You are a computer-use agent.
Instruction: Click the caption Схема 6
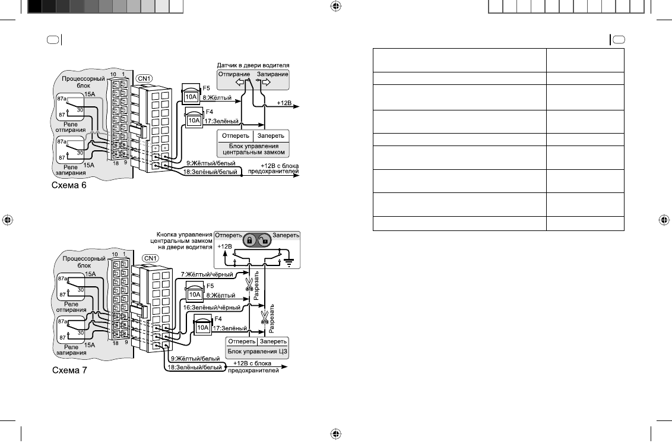tap(69, 185)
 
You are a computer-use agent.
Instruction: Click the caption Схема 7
tap(69, 370)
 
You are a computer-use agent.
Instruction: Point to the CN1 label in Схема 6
tap(144, 78)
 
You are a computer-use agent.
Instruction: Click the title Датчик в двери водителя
tap(253, 65)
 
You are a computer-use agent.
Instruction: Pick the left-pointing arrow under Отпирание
tap(240, 82)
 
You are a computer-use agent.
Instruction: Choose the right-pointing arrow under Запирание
tap(265, 82)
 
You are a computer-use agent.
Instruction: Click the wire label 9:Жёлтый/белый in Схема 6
tap(211, 163)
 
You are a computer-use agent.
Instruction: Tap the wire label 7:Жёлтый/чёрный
tap(207, 274)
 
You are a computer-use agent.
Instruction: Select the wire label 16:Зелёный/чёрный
tap(212, 308)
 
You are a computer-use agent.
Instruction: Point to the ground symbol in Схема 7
tap(290, 262)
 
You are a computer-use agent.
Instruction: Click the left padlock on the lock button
tap(249, 241)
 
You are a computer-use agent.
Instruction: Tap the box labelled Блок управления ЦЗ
tap(258, 347)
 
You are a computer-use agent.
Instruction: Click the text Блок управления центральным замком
tap(253, 149)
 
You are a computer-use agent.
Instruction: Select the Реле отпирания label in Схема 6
tap(70, 127)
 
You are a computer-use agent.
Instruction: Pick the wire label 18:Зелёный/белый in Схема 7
tap(195, 368)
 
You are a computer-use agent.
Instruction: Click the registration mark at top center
tap(336, 6)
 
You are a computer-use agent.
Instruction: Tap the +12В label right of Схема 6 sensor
tap(284, 103)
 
